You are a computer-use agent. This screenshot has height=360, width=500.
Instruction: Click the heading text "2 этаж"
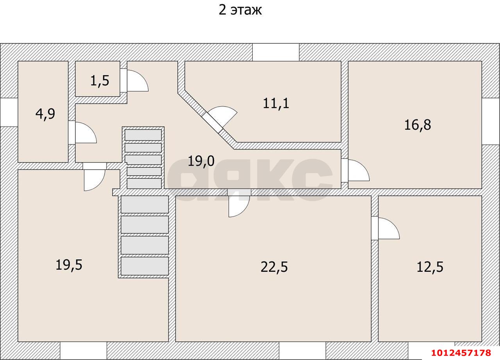tap(240, 10)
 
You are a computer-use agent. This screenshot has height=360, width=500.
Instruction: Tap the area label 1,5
tap(100, 80)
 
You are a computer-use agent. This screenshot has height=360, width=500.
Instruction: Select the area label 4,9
tap(45, 114)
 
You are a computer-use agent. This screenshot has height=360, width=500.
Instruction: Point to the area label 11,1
tap(276, 103)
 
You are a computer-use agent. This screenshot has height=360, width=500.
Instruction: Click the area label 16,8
tap(418, 125)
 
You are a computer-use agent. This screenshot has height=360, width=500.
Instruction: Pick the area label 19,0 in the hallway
tap(201, 161)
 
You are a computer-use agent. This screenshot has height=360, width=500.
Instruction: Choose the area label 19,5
tap(69, 265)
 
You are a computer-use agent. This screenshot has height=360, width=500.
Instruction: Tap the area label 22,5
tap(274, 267)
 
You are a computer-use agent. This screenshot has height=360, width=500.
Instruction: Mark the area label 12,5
tap(430, 267)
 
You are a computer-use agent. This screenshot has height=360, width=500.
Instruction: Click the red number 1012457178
tap(461, 353)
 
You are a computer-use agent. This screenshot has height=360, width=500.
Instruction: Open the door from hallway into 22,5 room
tap(239, 203)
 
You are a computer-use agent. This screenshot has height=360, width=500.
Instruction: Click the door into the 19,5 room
tap(95, 177)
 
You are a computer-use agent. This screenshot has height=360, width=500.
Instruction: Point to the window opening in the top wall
tap(276, 52)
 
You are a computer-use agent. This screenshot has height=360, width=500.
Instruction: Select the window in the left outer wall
tap(9, 112)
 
